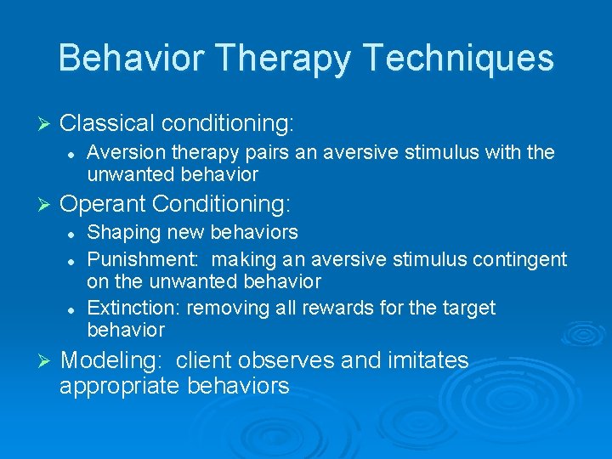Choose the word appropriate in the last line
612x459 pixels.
120,386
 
